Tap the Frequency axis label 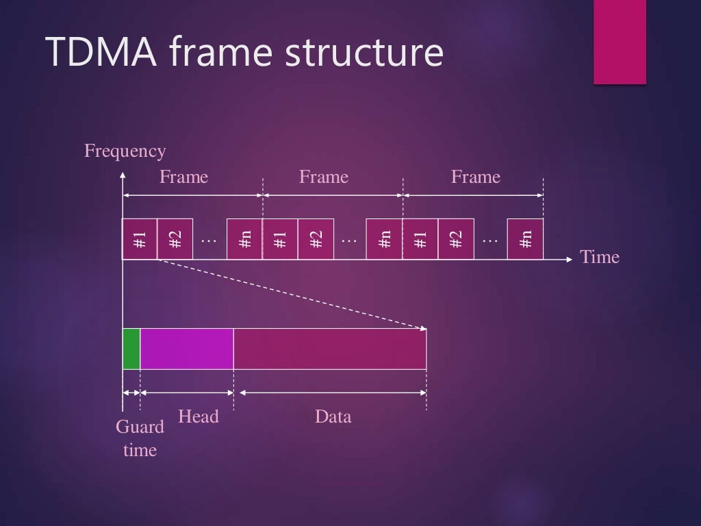click(x=125, y=151)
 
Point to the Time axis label click(x=600, y=257)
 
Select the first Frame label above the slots click(x=183, y=177)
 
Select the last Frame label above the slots click(x=475, y=177)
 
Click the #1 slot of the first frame click(x=140, y=239)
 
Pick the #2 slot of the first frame click(x=175, y=239)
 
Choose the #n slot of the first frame click(x=244, y=239)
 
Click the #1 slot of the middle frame click(x=280, y=239)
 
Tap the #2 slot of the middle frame click(x=316, y=239)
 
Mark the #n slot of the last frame click(x=525, y=239)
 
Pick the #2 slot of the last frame click(x=455, y=239)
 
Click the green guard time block click(x=131, y=349)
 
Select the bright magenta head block click(x=187, y=349)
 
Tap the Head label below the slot click(x=198, y=416)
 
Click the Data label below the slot click(x=333, y=416)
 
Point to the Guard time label click(x=140, y=438)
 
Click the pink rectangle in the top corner click(x=620, y=42)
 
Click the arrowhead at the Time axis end click(x=569, y=260)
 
